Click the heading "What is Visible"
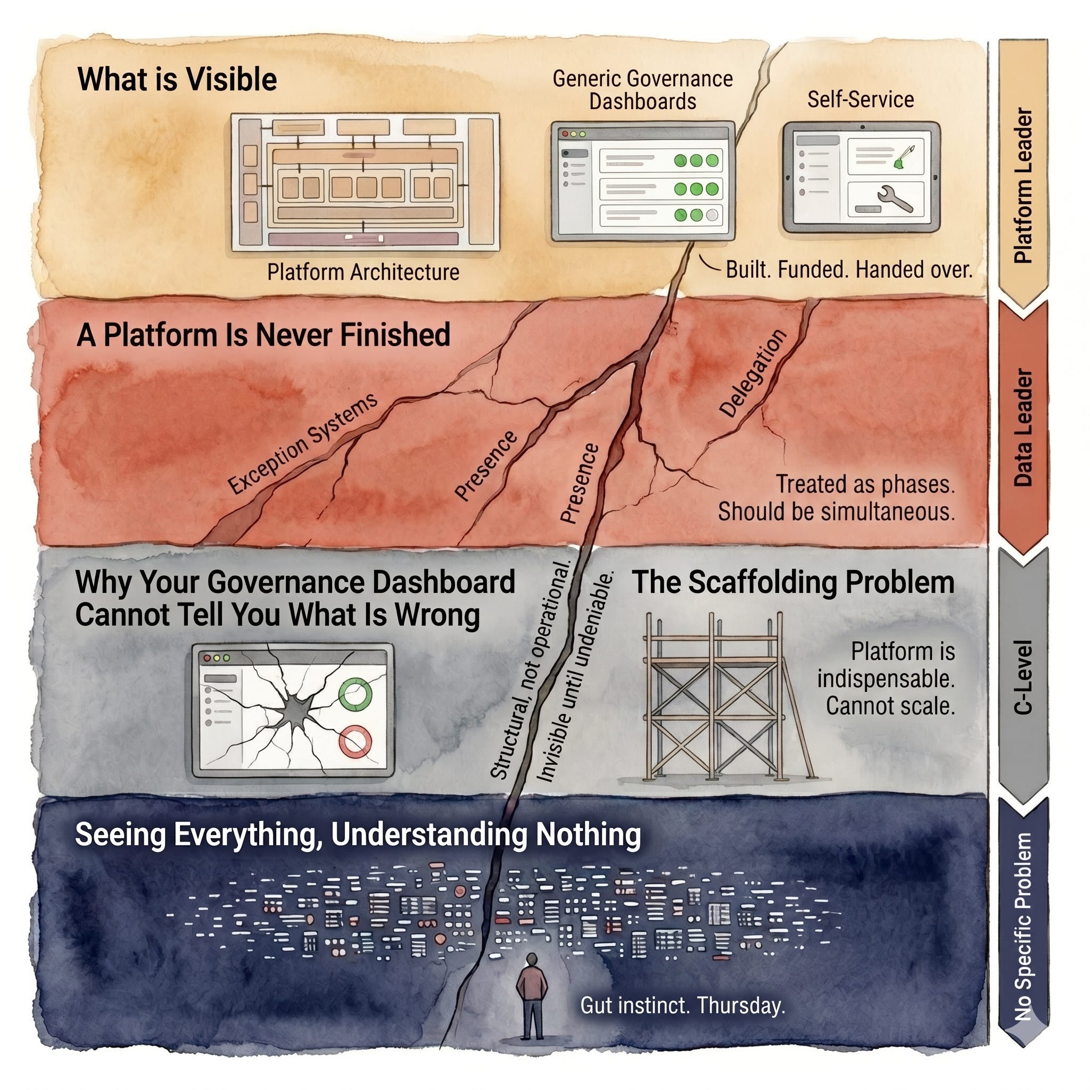(x=177, y=79)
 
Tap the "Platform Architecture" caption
(x=364, y=272)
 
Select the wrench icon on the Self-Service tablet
(x=895, y=199)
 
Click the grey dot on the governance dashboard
(x=713, y=215)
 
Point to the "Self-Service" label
(x=861, y=100)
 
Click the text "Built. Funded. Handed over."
(x=849, y=270)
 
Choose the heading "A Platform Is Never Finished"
(x=263, y=335)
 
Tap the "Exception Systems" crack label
(x=302, y=443)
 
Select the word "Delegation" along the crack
(x=753, y=374)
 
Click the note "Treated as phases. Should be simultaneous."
(x=836, y=498)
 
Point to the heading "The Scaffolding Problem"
(x=792, y=582)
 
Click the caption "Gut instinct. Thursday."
(x=683, y=1005)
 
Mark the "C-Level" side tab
(x=1023, y=677)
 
